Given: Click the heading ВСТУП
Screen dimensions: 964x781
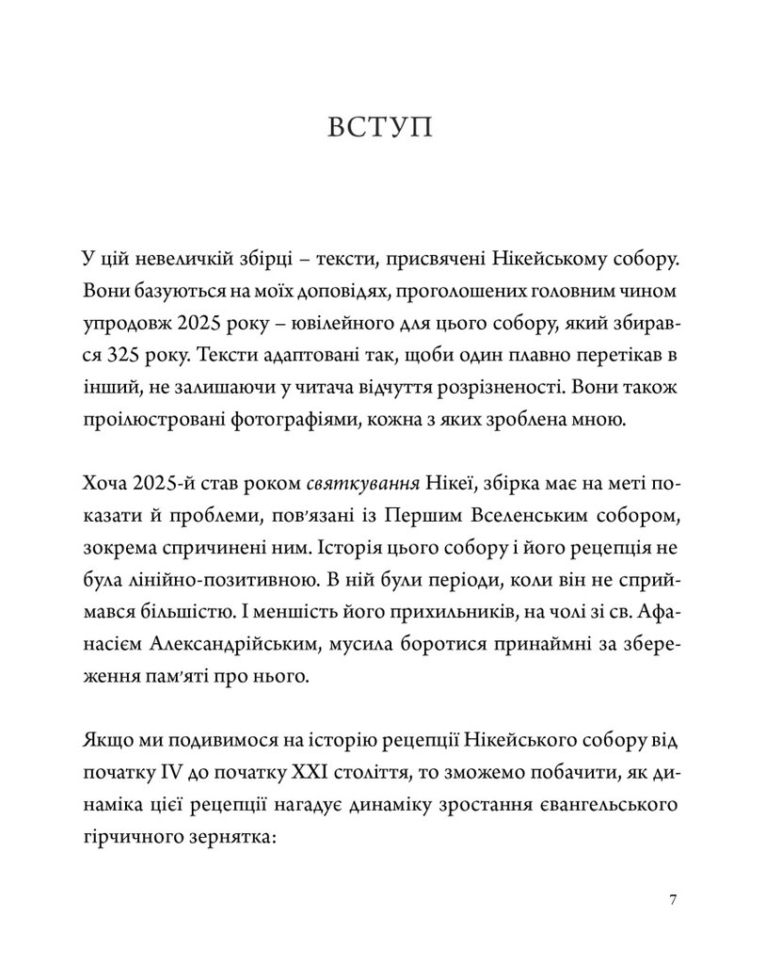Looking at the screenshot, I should click(x=381, y=128).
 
